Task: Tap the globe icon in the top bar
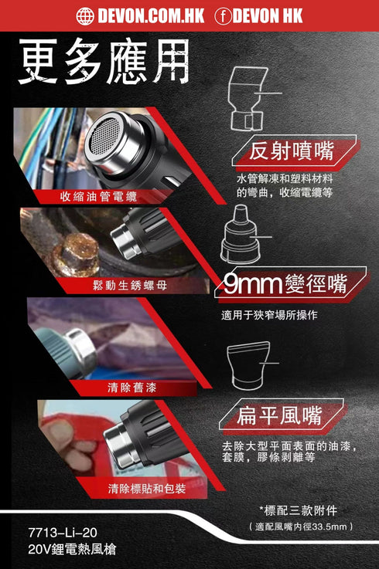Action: point(85,15)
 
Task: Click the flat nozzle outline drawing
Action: point(250,364)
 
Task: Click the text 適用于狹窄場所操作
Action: point(268,315)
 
